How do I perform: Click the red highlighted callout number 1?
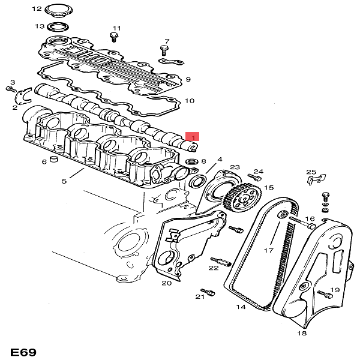(x=193, y=137)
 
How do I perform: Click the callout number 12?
(x=35, y=9)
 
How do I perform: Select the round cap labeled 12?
(x=58, y=10)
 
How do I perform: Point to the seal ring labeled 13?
(x=59, y=26)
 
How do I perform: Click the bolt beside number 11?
(x=112, y=37)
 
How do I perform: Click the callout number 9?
(x=188, y=79)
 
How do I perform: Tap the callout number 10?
(x=189, y=100)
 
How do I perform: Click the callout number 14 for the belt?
(x=241, y=307)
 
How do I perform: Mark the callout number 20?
(x=166, y=283)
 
